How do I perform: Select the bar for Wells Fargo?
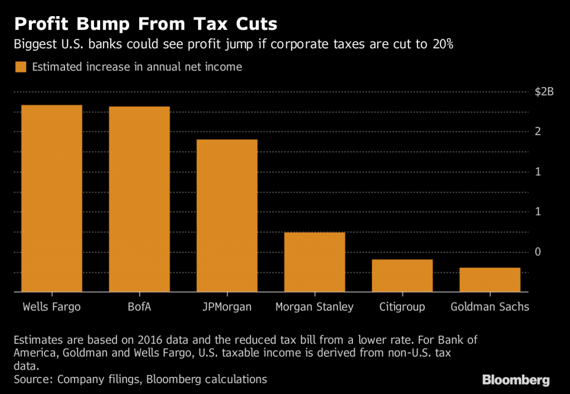click(51, 198)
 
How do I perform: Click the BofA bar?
click(139, 198)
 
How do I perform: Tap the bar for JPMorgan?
click(227, 215)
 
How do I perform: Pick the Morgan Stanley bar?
click(315, 261)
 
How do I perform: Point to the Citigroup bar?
click(402, 275)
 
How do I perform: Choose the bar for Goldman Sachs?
click(490, 280)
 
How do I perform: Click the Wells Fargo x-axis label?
click(51, 307)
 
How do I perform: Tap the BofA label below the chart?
click(139, 307)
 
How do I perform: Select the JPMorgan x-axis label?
click(227, 307)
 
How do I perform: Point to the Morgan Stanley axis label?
click(315, 307)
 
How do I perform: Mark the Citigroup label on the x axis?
click(402, 307)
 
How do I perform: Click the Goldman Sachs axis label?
click(490, 307)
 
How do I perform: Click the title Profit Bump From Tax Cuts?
click(146, 25)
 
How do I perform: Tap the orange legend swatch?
click(21, 67)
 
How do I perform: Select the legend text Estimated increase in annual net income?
click(137, 67)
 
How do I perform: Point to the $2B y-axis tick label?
click(544, 92)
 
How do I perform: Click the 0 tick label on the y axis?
click(538, 252)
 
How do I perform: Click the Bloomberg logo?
click(516, 380)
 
